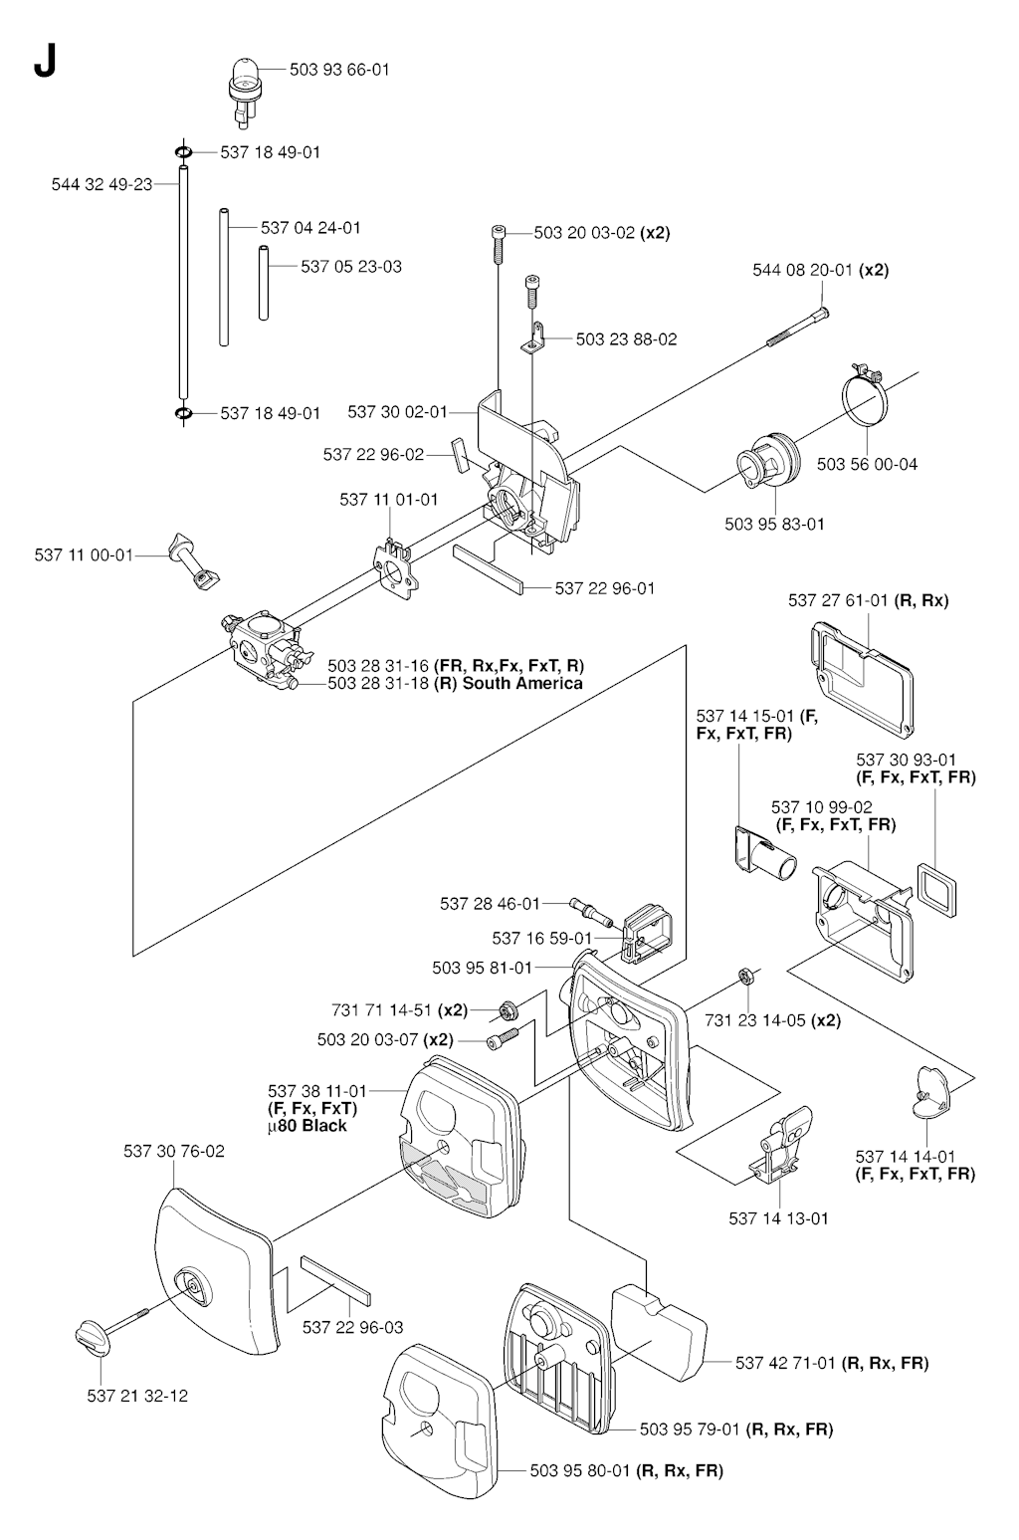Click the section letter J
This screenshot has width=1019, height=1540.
pos(44,62)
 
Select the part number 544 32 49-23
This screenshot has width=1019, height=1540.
pos(102,184)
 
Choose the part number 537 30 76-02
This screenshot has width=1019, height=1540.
pos(174,1152)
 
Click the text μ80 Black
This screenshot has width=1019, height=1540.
pos(307,1126)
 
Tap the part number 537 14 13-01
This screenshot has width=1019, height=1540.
pos(778,1218)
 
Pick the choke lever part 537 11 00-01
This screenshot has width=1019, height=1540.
pos(195,557)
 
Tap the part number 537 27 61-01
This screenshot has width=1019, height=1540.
pos(839,600)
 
